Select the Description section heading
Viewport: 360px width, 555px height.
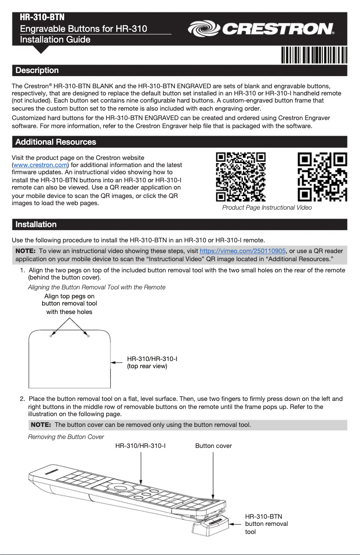click(x=37, y=70)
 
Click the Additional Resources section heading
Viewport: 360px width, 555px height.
click(x=56, y=142)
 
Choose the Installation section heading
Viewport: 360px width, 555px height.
click(x=36, y=224)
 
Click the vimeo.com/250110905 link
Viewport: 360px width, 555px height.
click(x=242, y=251)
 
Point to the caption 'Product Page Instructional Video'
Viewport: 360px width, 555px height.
click(x=267, y=208)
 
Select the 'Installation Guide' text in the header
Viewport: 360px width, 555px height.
click(x=55, y=39)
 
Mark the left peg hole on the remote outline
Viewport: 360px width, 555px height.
click(x=51, y=336)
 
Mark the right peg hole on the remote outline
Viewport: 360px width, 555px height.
click(x=88, y=336)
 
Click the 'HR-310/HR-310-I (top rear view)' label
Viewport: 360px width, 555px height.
click(x=152, y=363)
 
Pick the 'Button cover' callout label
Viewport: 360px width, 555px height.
click(x=214, y=446)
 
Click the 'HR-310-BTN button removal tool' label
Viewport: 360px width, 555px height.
click(x=267, y=524)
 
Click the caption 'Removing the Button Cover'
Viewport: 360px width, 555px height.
click(x=66, y=437)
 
